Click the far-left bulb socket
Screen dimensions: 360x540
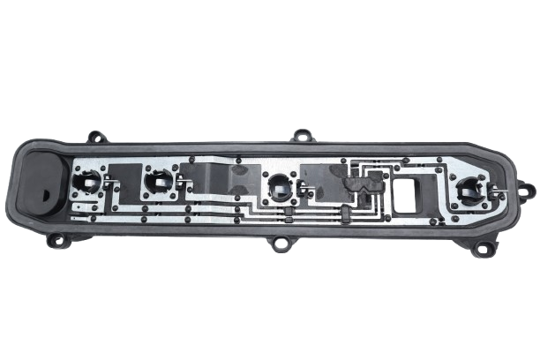87,184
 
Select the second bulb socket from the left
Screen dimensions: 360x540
159,182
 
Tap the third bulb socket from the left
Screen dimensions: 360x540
279,187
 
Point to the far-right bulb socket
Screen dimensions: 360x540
468,190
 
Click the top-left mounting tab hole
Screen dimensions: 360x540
96,138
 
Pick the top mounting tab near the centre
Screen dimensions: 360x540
303,137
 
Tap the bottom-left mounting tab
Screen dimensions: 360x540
57,239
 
